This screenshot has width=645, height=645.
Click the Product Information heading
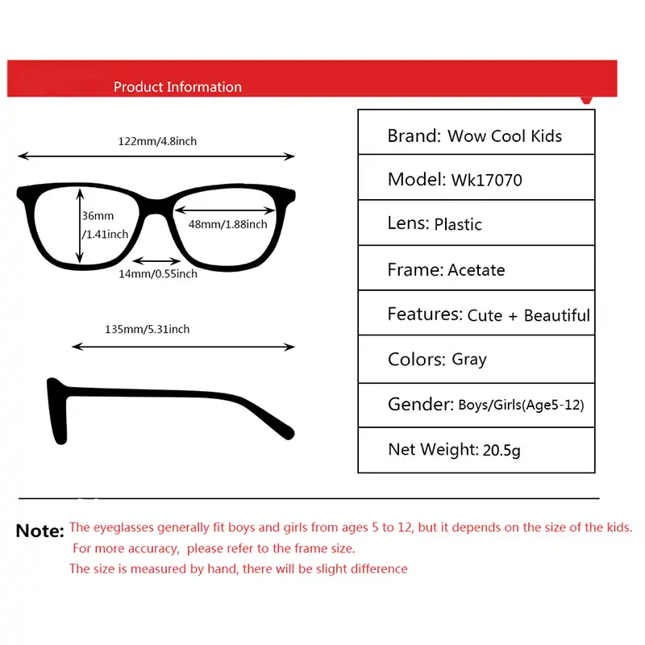pos(177,87)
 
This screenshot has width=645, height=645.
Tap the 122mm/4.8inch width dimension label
pos(157,141)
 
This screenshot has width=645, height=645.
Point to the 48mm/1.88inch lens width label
pos(227,224)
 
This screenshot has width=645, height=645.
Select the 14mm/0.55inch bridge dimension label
pos(158,274)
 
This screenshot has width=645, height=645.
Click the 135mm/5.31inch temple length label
pos(148,329)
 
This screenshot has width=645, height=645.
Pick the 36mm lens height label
pos(98,216)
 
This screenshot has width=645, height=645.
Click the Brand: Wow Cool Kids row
pos(475,135)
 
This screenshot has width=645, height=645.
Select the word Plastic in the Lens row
pos(458,224)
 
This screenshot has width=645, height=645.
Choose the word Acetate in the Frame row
pos(476,270)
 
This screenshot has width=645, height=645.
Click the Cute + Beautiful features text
pos(528,315)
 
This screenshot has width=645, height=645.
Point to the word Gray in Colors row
pos(469,360)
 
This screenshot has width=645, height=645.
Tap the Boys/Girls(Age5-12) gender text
pos(521,405)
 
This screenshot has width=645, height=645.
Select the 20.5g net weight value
pos(501,450)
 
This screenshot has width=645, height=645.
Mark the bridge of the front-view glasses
pos(156,202)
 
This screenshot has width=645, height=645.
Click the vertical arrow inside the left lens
pos(80,225)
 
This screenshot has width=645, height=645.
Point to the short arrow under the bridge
pos(156,260)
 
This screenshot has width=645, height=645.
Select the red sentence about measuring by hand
pos(239,568)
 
